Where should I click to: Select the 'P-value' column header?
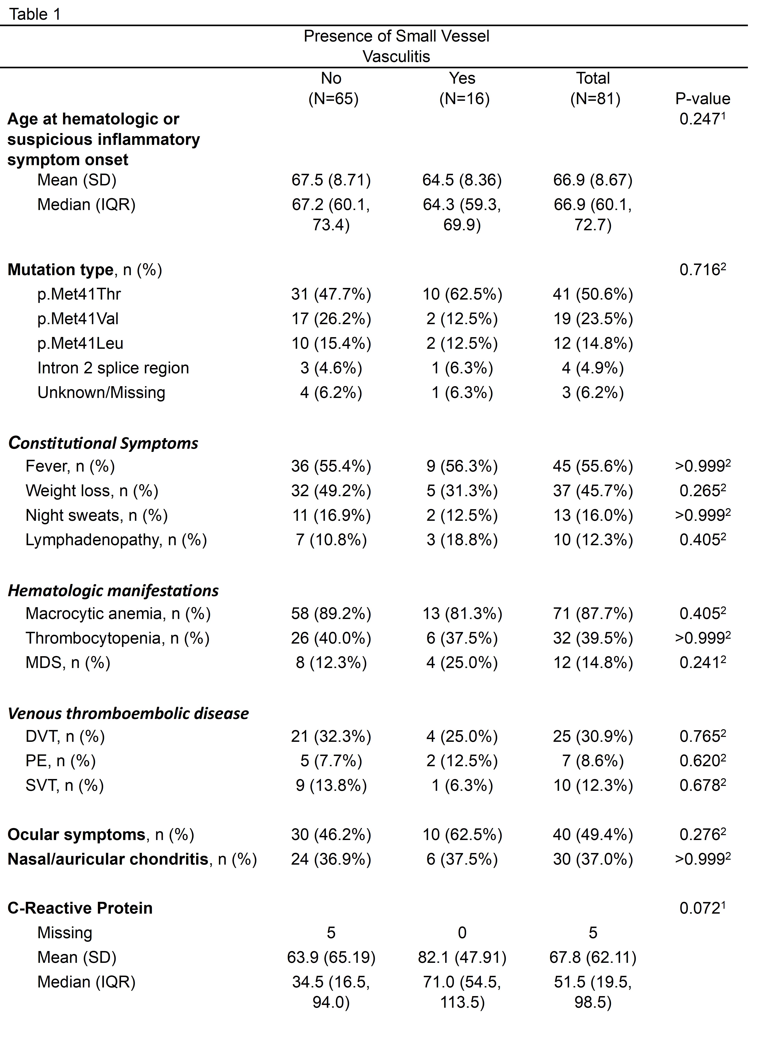pyautogui.click(x=702, y=99)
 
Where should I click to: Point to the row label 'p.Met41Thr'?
pyautogui.click(x=79, y=294)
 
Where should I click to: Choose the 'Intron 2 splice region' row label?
pyautogui.click(x=113, y=368)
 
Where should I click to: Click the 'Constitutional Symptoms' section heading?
pyautogui.click(x=103, y=443)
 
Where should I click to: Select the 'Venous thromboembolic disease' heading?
pyautogui.click(x=128, y=713)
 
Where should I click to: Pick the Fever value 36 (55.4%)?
pyautogui.click(x=331, y=466)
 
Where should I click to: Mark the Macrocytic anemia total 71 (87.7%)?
pyautogui.click(x=593, y=614)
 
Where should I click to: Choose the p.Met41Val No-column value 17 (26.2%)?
pyautogui.click(x=331, y=319)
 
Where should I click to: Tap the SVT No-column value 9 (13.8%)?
pyautogui.click(x=331, y=785)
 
